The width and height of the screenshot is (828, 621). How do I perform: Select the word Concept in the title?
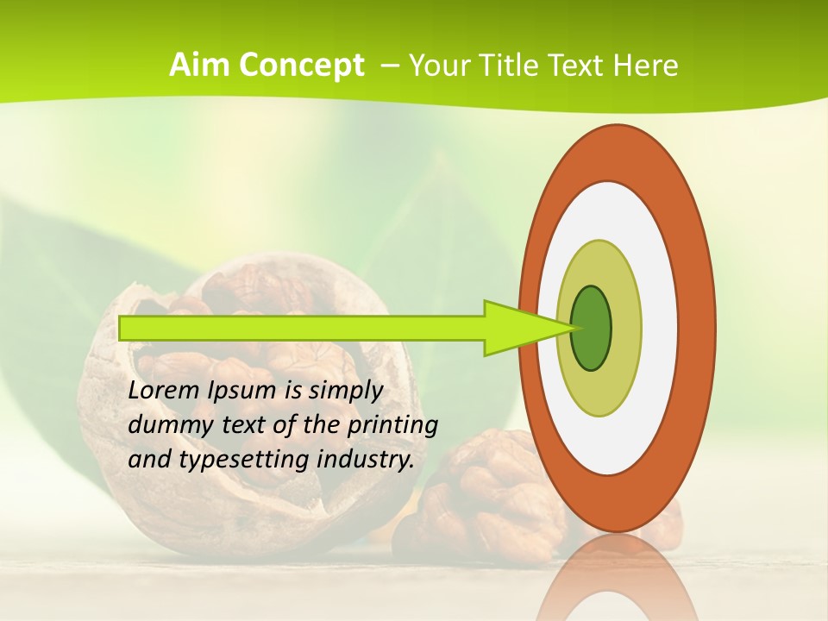301,66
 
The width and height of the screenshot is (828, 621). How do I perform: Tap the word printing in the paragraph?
392,425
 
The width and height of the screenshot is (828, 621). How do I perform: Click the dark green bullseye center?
592,328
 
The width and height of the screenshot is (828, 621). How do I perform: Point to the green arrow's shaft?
302,328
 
